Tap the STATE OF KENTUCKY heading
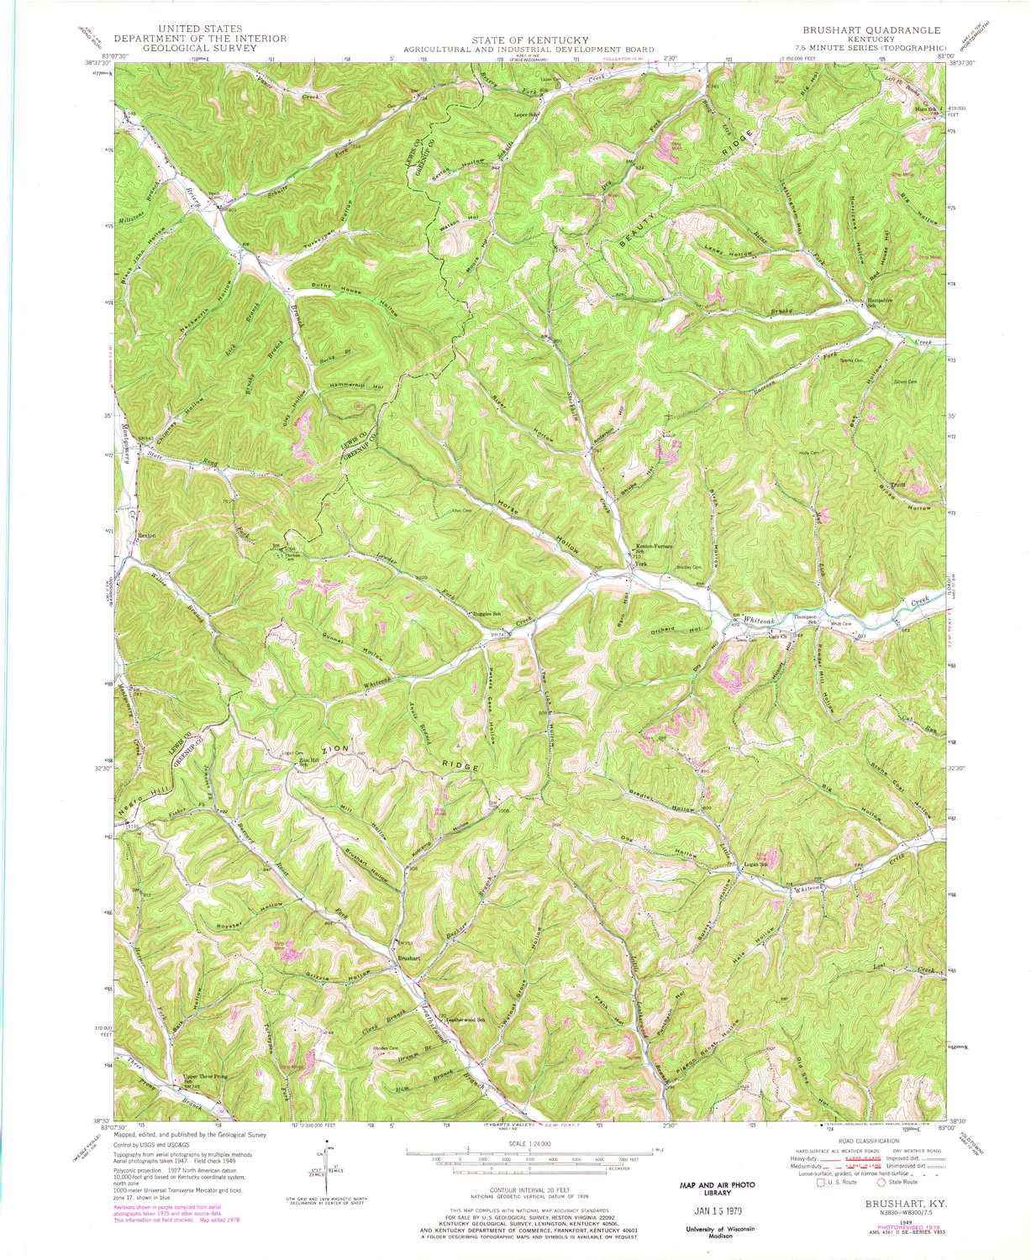[x=518, y=39]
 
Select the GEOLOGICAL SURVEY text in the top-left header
[x=200, y=48]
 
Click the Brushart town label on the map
[x=410, y=958]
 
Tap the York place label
[x=640, y=564]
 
